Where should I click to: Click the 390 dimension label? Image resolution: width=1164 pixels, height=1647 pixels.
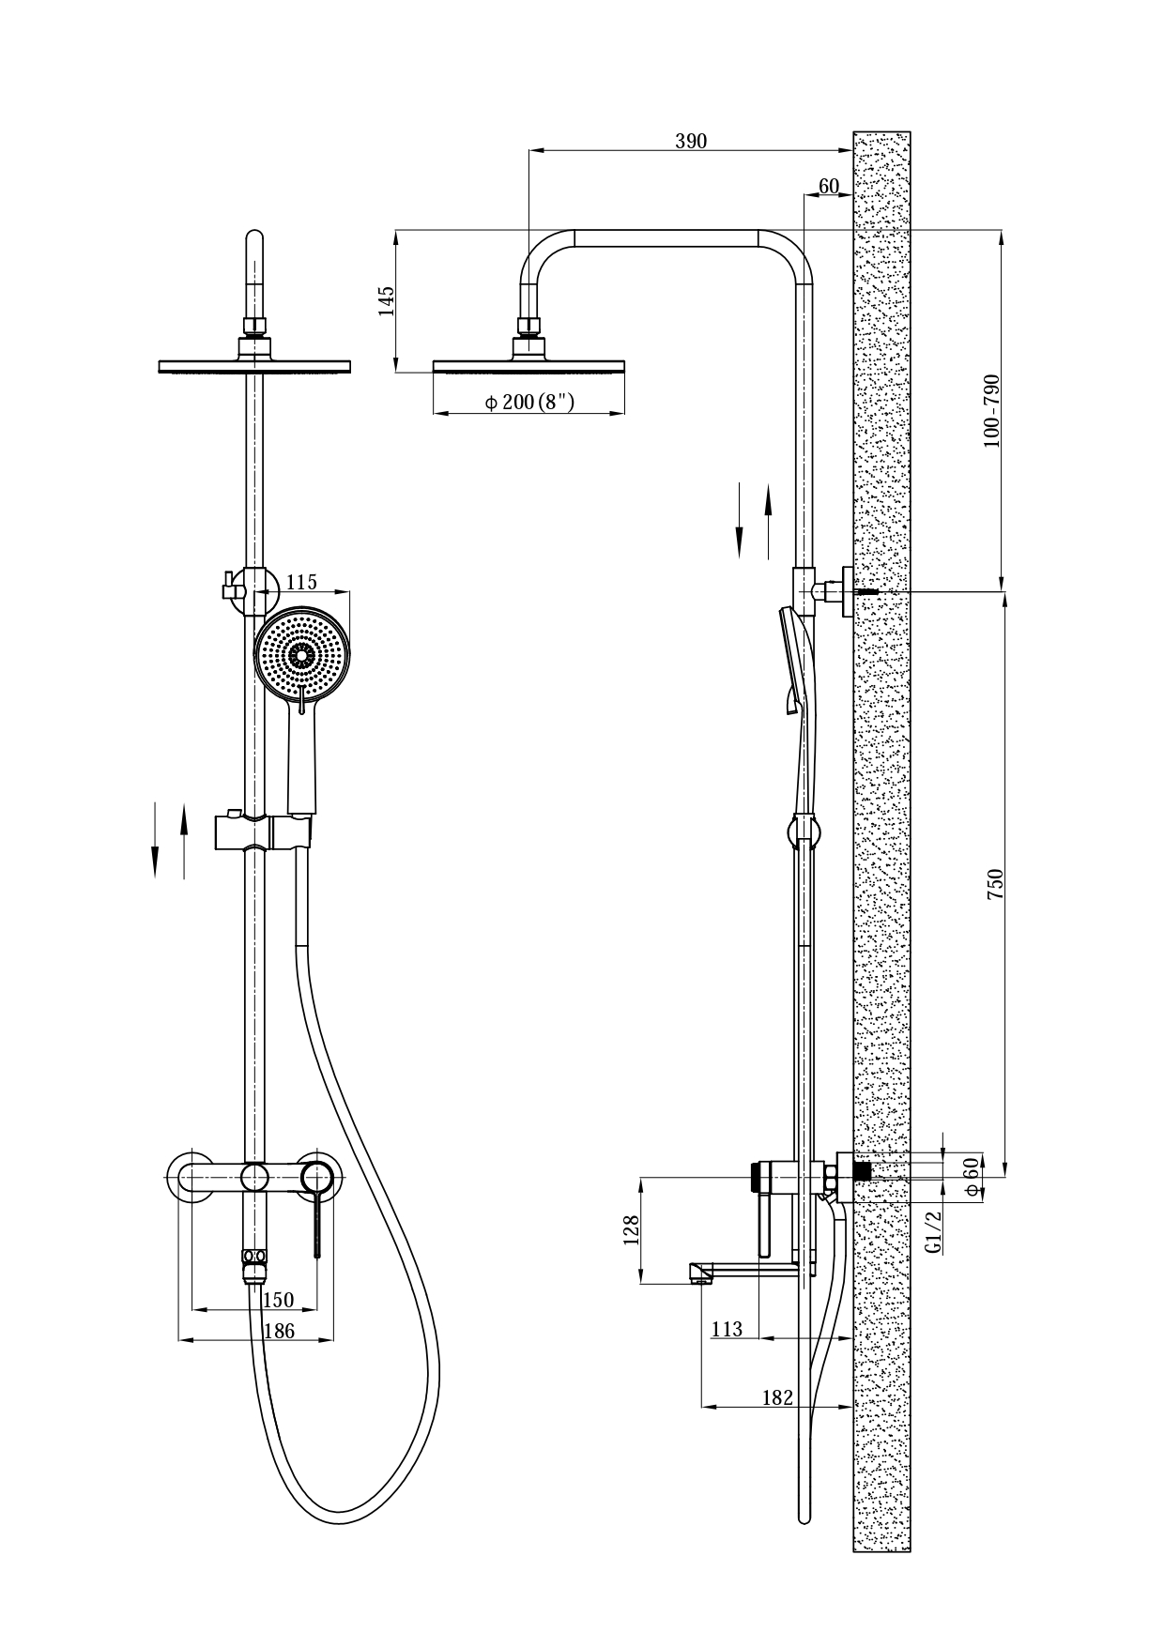(691, 142)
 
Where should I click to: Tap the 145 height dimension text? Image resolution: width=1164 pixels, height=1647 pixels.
(387, 301)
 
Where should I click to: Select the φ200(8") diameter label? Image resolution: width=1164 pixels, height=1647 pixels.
(528, 403)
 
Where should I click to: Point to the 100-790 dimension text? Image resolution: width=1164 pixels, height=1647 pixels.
(992, 411)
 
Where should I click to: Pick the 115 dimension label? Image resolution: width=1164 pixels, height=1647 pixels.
(301, 583)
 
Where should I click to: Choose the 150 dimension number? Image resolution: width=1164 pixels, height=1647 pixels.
(278, 1300)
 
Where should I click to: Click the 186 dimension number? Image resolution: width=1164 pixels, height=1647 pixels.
(279, 1330)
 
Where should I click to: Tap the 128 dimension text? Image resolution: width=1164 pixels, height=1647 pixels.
(631, 1230)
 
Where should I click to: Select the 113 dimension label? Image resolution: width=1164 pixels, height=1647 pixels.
(727, 1329)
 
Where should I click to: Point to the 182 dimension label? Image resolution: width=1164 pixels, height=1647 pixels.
(777, 1397)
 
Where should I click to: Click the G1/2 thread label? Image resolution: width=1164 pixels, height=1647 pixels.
(933, 1231)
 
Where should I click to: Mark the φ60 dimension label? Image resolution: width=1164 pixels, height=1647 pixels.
(973, 1176)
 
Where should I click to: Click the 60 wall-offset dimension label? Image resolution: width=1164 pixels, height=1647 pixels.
(828, 186)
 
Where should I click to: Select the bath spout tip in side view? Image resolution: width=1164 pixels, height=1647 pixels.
(697, 1273)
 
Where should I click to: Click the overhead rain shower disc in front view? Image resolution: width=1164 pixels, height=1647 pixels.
(253, 366)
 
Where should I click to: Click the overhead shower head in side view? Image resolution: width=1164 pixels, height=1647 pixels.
(528, 366)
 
